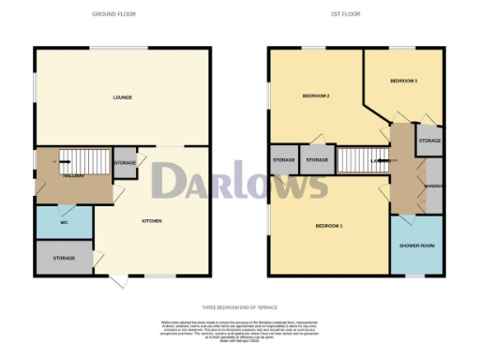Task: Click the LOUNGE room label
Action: tap(122, 97)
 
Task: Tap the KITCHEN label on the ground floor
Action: tap(152, 220)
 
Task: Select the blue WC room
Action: tap(64, 221)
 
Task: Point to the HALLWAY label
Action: tap(75, 175)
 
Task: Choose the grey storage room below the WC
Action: tap(64, 257)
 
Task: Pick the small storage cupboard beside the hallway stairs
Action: tap(125, 163)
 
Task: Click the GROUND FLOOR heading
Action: tap(122, 14)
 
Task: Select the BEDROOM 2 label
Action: tap(315, 97)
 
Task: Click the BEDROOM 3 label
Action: tap(403, 82)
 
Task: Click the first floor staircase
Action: tap(356, 160)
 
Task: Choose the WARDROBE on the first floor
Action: tap(434, 185)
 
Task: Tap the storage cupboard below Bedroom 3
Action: tap(429, 141)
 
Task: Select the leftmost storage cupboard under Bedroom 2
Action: tap(284, 160)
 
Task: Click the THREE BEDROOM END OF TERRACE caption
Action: tap(239, 307)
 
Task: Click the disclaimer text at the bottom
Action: tap(239, 327)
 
